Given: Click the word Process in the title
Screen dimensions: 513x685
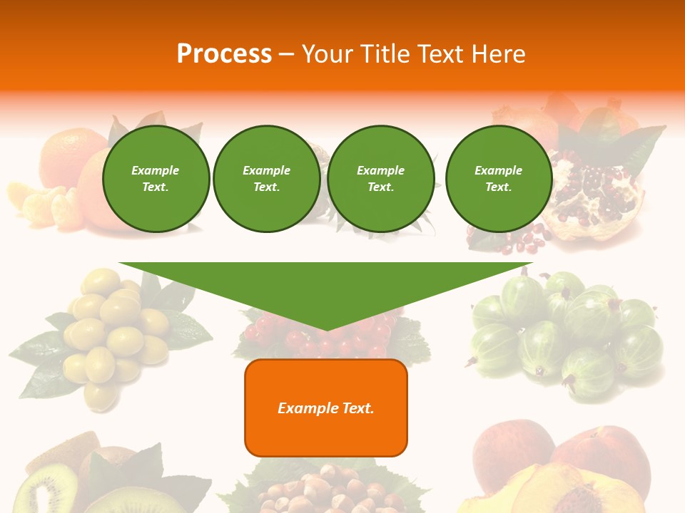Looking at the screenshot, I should tap(224, 54).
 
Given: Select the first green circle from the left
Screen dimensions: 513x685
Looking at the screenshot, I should tap(156, 179).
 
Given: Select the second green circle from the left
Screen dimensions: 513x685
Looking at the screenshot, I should tap(266, 179).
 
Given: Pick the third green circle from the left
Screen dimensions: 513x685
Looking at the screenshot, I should tap(380, 179).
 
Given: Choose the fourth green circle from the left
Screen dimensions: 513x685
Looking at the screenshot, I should tap(498, 179).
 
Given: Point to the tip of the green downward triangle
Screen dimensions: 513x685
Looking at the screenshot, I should tap(326, 328).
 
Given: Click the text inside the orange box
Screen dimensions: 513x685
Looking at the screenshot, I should tap(326, 408).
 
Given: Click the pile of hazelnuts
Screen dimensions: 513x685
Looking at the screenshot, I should tap(325, 492).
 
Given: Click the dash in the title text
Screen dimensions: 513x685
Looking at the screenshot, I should tap(286, 54).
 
